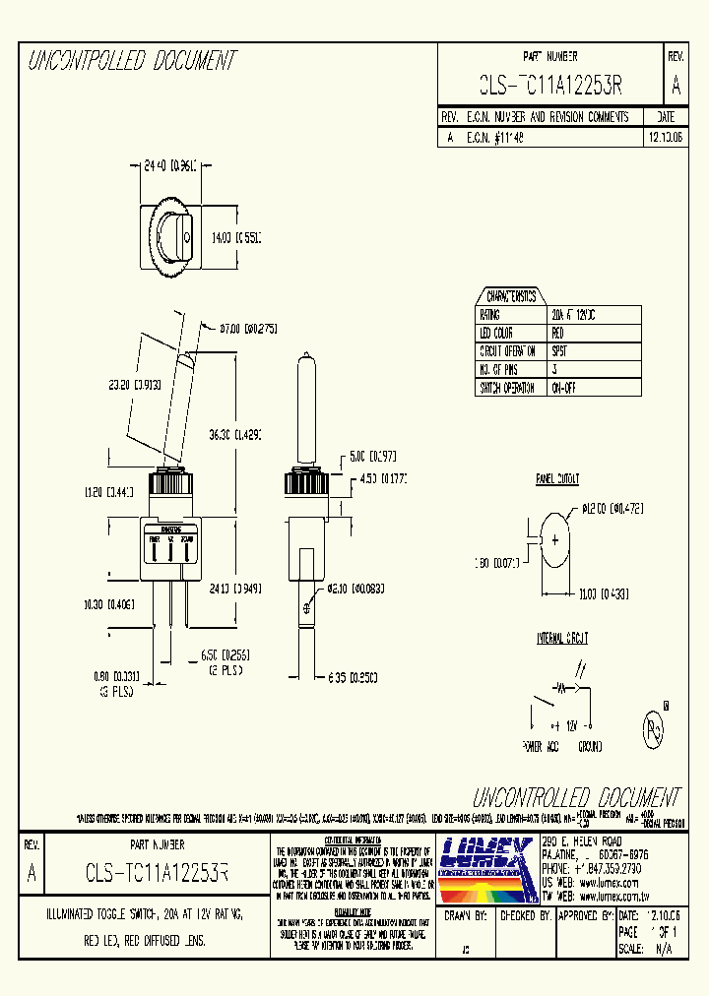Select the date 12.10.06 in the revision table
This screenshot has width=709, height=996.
[665, 139]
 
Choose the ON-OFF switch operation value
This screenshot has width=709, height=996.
[564, 388]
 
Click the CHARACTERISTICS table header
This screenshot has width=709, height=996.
[511, 296]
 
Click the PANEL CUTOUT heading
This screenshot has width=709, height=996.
[557, 479]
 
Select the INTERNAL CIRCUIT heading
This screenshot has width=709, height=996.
[562, 638]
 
